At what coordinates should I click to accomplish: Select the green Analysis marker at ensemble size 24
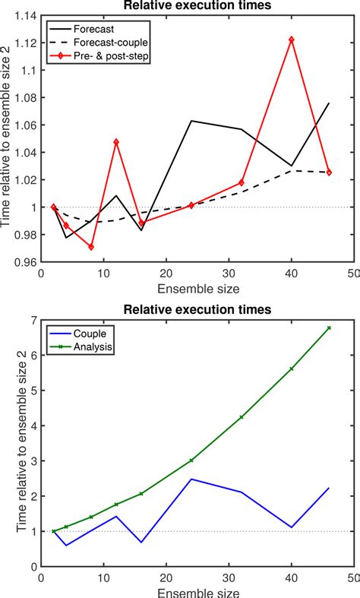(x=191, y=460)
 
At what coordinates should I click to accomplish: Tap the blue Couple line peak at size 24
(x=191, y=479)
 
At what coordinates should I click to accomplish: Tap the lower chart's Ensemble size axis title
(x=199, y=591)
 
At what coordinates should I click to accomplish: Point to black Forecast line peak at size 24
(x=191, y=121)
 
